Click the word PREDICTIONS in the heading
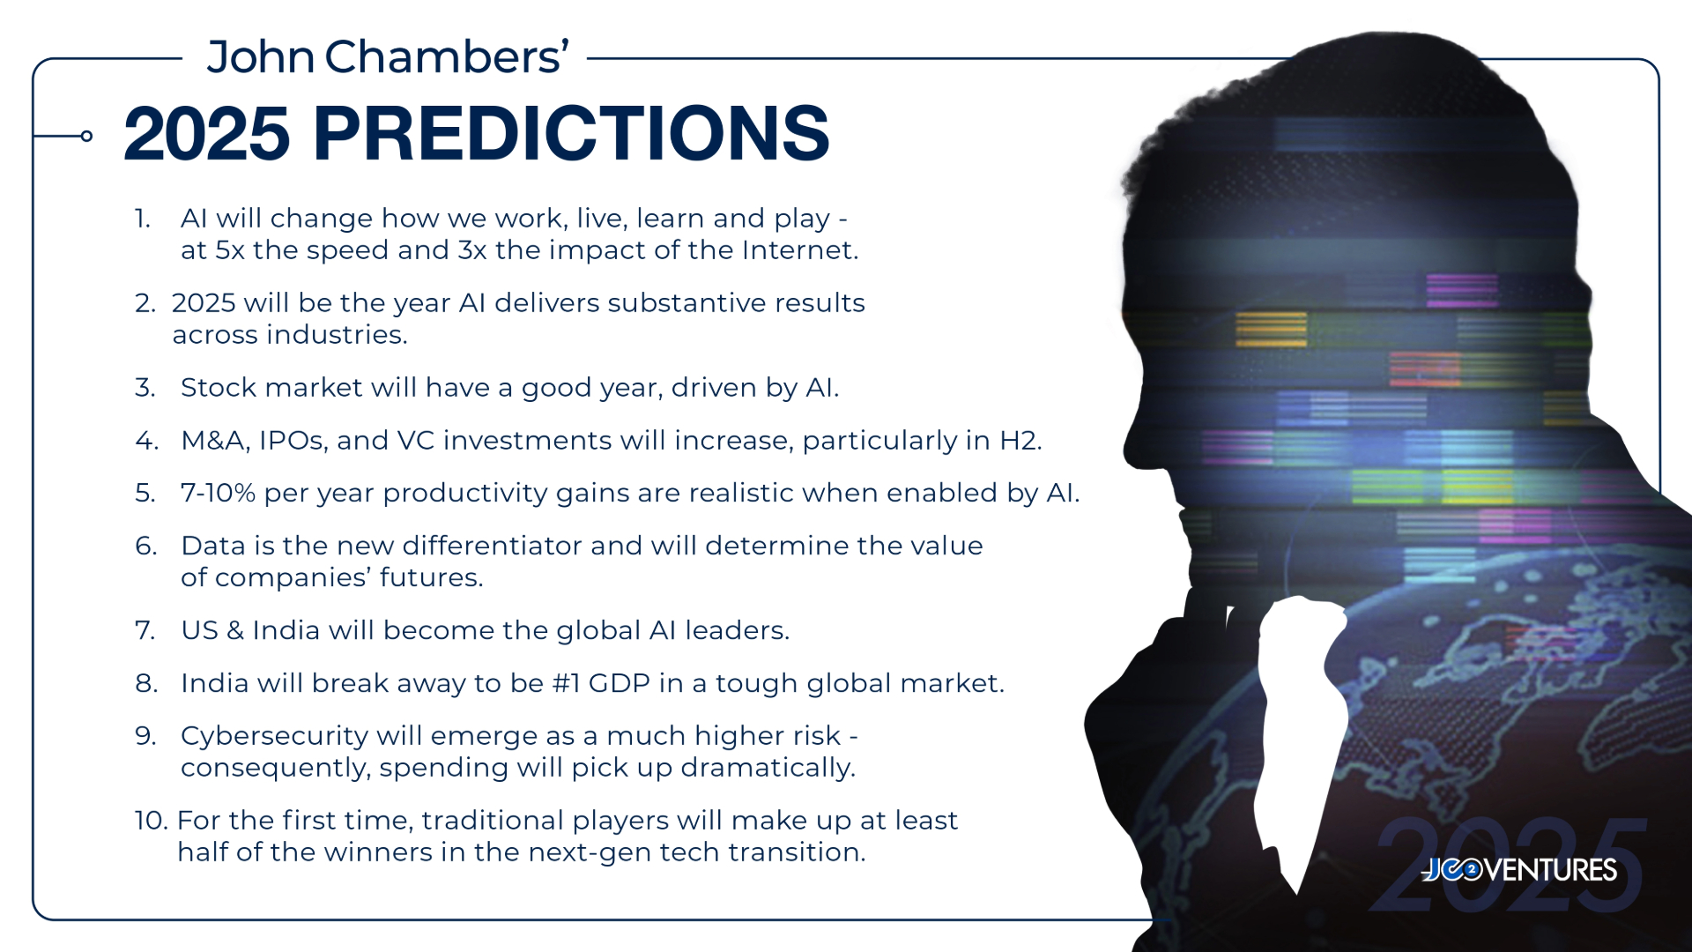coord(571,133)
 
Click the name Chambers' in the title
coord(447,57)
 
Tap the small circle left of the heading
coord(86,136)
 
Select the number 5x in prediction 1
coord(230,250)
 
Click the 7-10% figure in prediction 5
coord(218,493)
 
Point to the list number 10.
coord(151,821)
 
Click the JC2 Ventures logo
coord(1519,870)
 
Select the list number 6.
coord(145,546)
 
